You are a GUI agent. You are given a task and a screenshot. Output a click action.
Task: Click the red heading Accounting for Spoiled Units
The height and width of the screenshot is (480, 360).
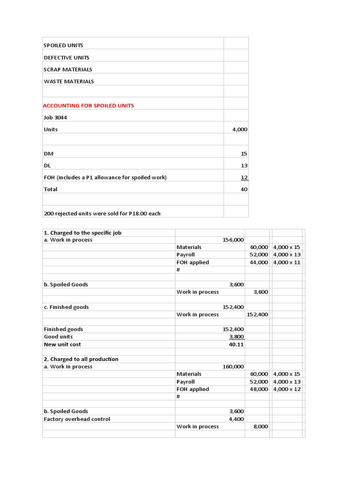click(89, 105)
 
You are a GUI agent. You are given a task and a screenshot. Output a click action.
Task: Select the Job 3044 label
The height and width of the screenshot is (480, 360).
click(55, 118)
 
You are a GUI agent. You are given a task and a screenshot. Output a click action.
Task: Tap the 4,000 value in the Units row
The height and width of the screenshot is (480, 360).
click(240, 129)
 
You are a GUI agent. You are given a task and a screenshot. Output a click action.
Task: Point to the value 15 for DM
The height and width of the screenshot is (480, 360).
click(244, 154)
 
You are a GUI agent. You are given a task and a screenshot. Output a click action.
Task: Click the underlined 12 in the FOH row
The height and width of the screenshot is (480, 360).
click(244, 178)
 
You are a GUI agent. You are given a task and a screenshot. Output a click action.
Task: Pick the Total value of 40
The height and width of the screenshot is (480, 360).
click(244, 189)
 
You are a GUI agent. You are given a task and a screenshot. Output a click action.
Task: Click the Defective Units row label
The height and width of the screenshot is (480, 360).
click(67, 58)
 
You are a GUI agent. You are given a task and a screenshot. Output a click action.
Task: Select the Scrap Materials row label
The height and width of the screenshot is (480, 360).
click(68, 69)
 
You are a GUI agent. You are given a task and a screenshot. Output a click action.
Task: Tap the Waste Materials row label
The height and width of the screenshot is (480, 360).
click(69, 82)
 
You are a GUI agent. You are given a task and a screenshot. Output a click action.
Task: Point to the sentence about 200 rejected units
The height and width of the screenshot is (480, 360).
click(102, 214)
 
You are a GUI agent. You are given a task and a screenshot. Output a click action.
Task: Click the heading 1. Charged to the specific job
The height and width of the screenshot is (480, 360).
click(82, 232)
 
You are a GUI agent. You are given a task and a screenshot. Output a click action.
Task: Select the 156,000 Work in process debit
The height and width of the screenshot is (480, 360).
click(233, 240)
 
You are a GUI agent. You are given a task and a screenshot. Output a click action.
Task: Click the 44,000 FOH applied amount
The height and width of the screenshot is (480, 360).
click(259, 262)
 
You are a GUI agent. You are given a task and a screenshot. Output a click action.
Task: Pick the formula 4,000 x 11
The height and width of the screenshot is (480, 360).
click(286, 262)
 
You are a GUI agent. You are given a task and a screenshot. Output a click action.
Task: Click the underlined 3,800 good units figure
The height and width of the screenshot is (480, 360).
click(236, 337)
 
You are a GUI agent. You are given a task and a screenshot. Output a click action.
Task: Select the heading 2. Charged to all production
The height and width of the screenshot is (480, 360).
click(81, 359)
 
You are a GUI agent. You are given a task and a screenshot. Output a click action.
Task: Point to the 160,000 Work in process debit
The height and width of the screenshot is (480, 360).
click(233, 367)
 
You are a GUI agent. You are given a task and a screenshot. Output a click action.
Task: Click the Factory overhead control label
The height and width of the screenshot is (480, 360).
click(77, 419)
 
